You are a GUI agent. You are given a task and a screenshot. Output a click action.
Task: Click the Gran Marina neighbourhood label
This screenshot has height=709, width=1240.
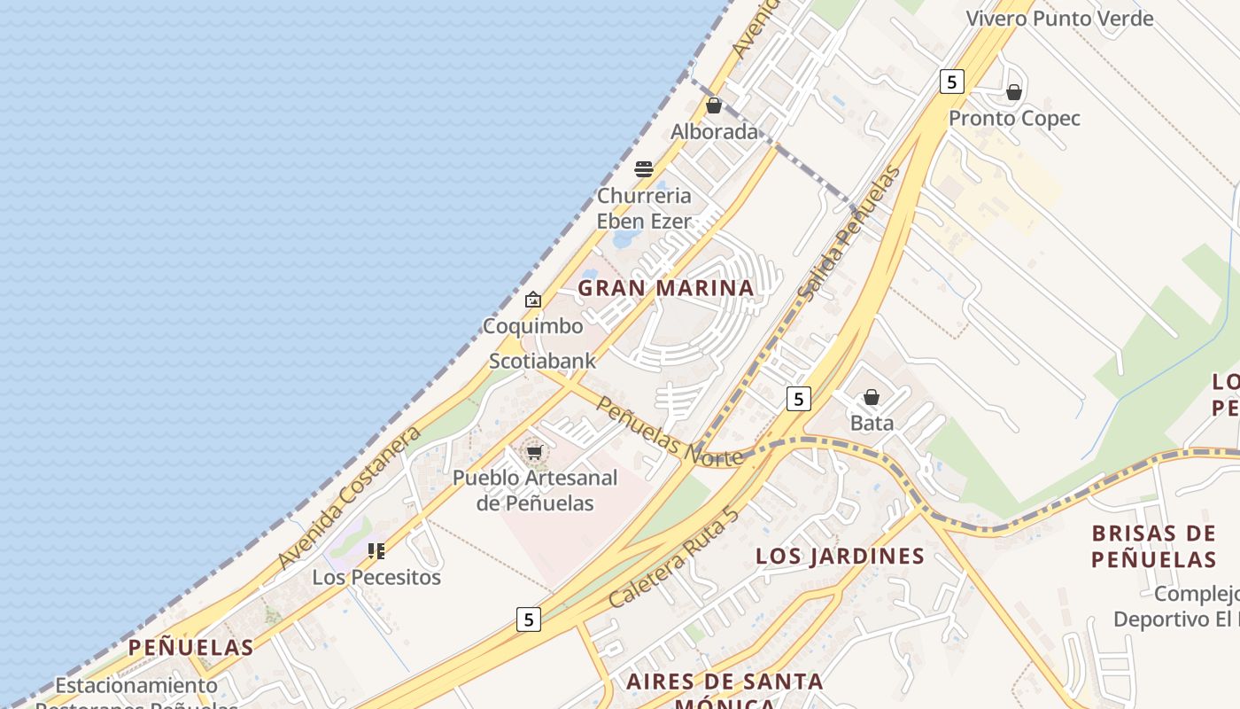coord(665,288)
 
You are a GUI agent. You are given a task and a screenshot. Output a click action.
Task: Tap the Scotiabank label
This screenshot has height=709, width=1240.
coord(542,362)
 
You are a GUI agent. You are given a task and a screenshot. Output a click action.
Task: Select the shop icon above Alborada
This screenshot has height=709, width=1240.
coord(714,105)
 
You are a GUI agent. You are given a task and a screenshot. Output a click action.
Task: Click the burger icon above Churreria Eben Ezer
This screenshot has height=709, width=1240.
coord(644,169)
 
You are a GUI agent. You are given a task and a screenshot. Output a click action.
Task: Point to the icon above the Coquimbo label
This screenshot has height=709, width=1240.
coord(532,300)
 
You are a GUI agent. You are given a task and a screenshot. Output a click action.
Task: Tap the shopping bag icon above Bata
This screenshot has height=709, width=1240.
coord(872,397)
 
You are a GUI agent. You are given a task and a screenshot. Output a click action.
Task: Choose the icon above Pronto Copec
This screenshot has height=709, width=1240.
coord(1014,92)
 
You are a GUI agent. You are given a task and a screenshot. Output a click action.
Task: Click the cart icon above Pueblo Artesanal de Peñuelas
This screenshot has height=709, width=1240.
coord(534,453)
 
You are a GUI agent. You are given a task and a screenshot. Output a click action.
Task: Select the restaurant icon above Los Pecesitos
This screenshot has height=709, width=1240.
coord(376,551)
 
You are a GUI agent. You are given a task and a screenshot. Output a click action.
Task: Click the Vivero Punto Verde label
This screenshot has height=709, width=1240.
coord(1059,19)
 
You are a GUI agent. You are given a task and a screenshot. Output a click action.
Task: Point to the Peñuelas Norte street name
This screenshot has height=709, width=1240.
coord(670,432)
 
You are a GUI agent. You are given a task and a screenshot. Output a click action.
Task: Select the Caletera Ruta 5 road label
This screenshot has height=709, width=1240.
coord(674,557)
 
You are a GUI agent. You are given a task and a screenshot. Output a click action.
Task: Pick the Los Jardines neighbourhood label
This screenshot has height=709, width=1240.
coord(840,557)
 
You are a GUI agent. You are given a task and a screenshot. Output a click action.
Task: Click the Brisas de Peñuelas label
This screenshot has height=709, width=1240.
coord(1153,546)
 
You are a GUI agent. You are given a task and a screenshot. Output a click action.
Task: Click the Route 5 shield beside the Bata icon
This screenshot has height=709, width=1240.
coord(798,400)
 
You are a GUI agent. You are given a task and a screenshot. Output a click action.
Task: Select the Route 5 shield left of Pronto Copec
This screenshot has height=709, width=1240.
coord(951,82)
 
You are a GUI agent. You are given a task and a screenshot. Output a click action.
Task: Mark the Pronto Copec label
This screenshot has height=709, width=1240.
coord(1014,119)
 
